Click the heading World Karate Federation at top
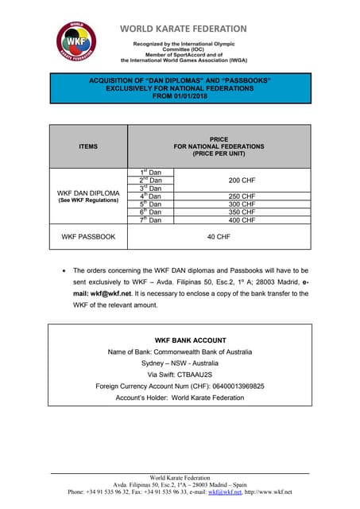(x=184, y=29)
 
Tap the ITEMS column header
(x=89, y=146)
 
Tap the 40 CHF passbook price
(x=219, y=237)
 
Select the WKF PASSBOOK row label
(x=89, y=237)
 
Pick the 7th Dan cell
(x=151, y=220)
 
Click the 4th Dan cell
(x=151, y=196)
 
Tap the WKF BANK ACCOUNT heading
(x=180, y=340)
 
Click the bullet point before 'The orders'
(x=64, y=271)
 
